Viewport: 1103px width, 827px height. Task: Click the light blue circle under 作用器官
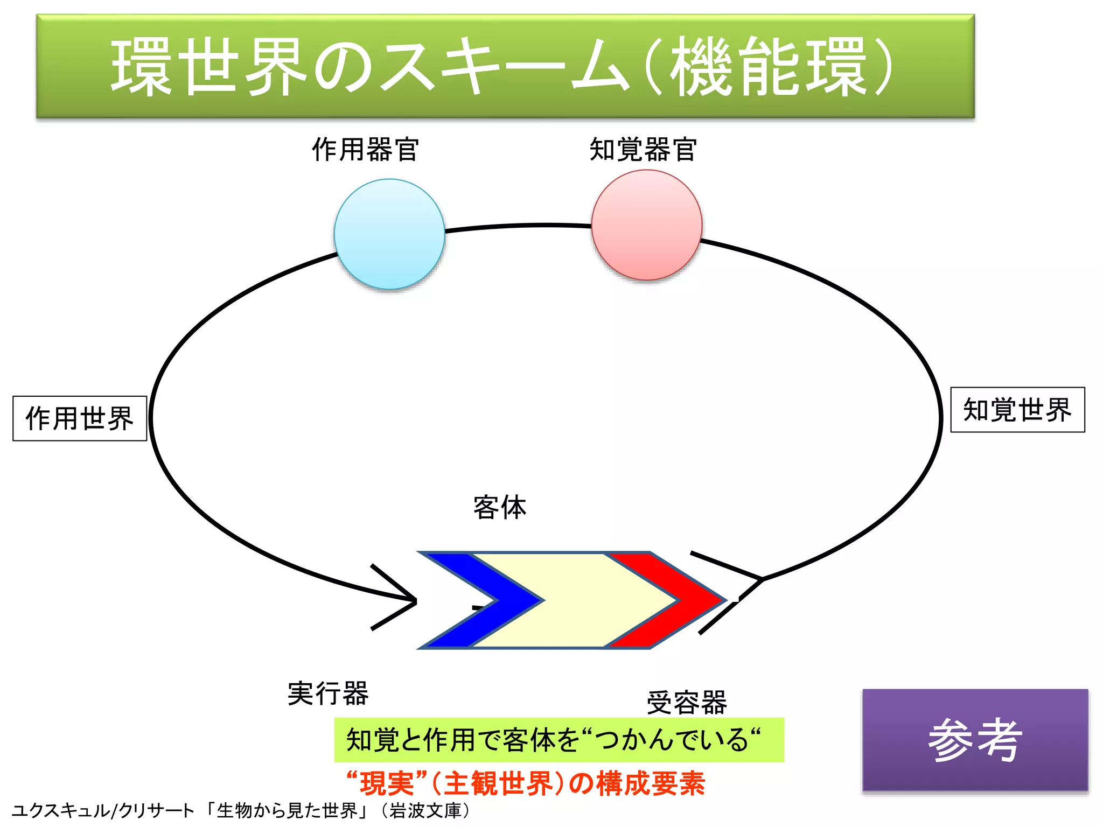point(389,234)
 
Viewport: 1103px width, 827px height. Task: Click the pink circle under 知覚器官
point(646,225)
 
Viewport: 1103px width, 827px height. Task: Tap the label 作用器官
point(365,149)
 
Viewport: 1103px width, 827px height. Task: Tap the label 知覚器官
point(643,149)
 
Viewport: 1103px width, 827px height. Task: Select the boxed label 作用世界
point(80,418)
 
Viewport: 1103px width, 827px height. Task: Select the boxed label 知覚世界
point(1017,410)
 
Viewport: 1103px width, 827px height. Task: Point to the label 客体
point(500,508)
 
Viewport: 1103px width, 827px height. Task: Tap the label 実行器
point(328,693)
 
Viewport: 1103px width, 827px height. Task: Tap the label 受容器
point(687,703)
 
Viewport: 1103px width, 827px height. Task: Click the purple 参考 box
point(975,740)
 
